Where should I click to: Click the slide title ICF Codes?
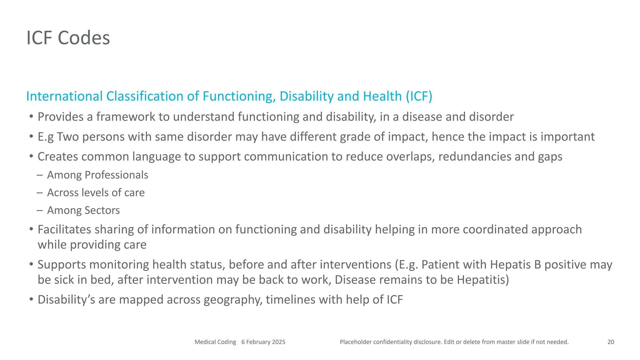coord(68,38)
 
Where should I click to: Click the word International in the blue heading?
coord(64,96)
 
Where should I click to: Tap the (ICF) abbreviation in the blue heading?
coord(419,96)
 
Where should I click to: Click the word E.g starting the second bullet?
coord(46,137)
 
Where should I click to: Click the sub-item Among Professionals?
coord(97,175)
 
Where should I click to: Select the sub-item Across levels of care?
coord(96,192)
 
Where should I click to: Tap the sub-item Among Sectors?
coord(83,210)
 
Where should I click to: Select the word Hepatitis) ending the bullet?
coord(483,279)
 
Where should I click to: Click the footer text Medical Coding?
coord(215,342)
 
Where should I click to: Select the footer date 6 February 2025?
coord(263,342)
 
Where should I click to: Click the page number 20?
coord(611,342)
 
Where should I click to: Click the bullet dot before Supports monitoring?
coord(31,264)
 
